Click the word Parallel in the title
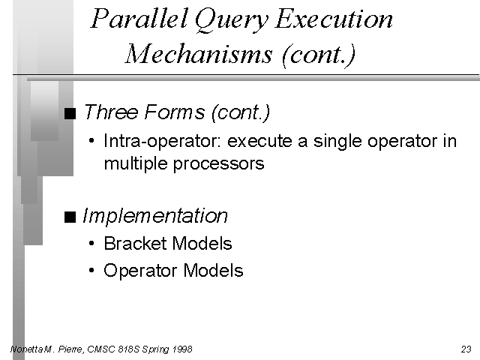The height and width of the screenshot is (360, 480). point(139,18)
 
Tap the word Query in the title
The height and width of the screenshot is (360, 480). point(231,20)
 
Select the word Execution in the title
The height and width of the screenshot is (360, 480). point(334,19)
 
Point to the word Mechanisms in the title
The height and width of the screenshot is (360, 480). point(199,54)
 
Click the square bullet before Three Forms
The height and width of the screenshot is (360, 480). point(70,113)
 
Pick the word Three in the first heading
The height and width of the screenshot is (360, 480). point(111,112)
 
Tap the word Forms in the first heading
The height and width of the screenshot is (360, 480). point(174,112)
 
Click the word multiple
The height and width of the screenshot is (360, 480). point(136,163)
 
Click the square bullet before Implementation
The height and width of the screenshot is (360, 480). point(70,217)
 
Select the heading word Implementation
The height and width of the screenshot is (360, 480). point(155,217)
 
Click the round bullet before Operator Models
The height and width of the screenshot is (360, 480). point(91,270)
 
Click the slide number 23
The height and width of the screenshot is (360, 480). point(466,349)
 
